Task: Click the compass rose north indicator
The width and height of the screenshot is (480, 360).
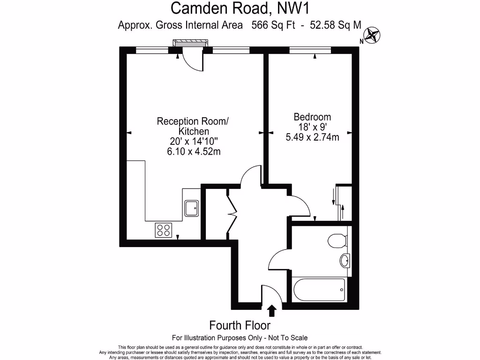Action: (x=373, y=35)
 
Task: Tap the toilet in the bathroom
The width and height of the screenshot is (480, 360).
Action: (x=337, y=241)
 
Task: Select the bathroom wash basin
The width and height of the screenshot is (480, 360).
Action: (x=345, y=260)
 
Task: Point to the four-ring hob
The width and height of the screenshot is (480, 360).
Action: (x=164, y=230)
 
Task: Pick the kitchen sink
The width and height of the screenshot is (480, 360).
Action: (x=191, y=207)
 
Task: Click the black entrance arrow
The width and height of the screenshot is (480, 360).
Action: (x=271, y=310)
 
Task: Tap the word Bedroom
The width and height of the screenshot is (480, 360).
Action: (x=312, y=117)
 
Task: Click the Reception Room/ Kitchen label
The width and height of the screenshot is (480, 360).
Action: (x=193, y=126)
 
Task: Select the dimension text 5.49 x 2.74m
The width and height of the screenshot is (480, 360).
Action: (x=312, y=137)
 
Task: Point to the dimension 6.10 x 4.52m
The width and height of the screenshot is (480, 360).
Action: (x=193, y=151)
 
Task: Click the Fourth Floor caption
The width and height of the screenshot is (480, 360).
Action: (x=240, y=325)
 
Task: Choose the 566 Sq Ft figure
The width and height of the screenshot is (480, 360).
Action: (x=273, y=26)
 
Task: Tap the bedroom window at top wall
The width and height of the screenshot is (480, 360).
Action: (x=310, y=50)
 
